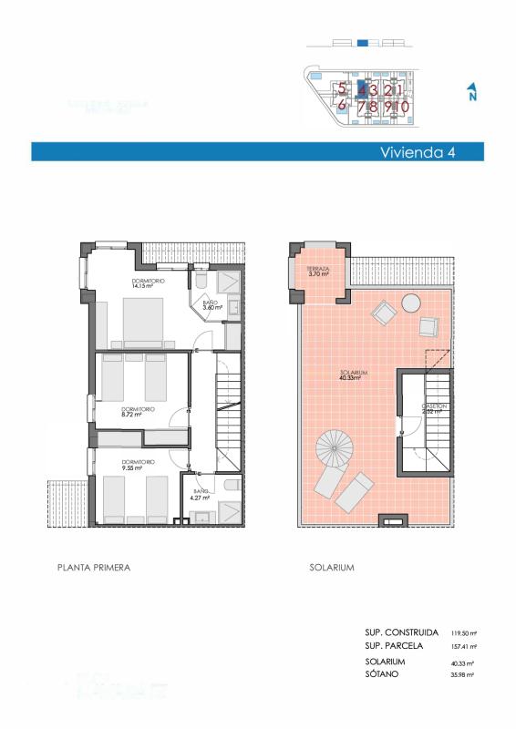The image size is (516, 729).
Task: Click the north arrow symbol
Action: pyautogui.click(x=471, y=93)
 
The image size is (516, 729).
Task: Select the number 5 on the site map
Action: pyautogui.click(x=342, y=89)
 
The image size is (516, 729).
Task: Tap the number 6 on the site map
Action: pyautogui.click(x=342, y=105)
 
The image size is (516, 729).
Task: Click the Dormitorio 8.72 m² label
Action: pyautogui.click(x=137, y=412)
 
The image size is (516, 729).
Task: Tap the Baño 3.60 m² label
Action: pyautogui.click(x=212, y=305)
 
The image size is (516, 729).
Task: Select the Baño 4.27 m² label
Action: pyautogui.click(x=200, y=495)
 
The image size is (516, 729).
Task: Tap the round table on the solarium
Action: pyautogui.click(x=411, y=303)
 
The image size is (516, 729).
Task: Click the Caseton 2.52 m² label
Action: pyautogui.click(x=431, y=408)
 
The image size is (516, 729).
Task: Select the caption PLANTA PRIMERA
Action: pyautogui.click(x=94, y=567)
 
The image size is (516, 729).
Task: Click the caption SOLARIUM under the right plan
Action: pyautogui.click(x=331, y=567)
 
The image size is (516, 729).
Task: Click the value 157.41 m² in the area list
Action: pyautogui.click(x=465, y=646)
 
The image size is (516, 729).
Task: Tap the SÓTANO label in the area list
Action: pyautogui.click(x=384, y=674)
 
